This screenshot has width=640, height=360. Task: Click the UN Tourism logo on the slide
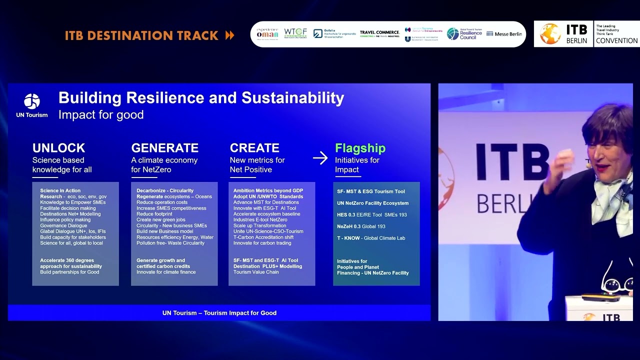32,101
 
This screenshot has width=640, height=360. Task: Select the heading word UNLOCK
58,148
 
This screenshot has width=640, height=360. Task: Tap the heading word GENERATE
164,148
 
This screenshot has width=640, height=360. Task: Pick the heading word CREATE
254,148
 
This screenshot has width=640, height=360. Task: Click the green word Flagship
360,148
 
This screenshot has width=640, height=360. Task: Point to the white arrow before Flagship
320,158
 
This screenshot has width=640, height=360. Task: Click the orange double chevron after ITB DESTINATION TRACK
229,35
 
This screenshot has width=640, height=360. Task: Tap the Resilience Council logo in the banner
464,34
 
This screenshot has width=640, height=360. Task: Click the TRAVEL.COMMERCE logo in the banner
379,34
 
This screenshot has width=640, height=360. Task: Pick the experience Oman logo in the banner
267,34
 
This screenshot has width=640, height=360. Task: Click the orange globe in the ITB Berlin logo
550,34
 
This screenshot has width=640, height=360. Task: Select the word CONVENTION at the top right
616,40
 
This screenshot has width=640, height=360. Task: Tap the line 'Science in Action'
60,191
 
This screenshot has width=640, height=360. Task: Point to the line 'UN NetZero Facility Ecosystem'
372,203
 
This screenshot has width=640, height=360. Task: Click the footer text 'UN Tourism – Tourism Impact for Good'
219,313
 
